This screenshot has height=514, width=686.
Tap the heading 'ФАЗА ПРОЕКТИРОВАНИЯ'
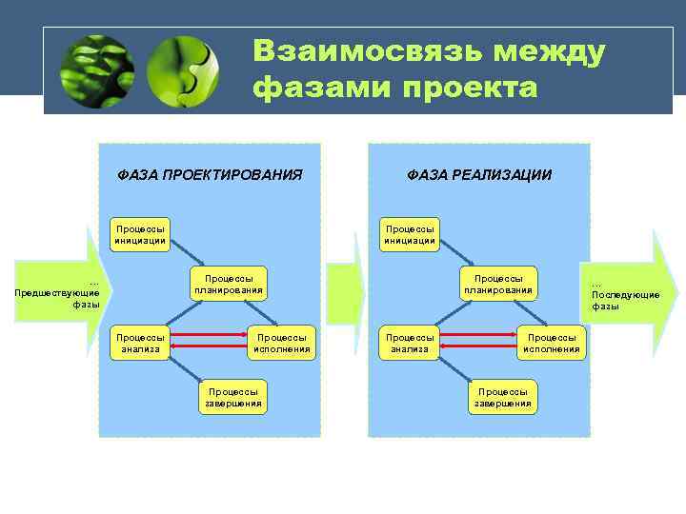pos(210,175)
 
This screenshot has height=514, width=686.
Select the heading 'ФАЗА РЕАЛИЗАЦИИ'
pos(479,175)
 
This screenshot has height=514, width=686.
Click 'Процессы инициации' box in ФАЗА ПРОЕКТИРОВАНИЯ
pos(140,234)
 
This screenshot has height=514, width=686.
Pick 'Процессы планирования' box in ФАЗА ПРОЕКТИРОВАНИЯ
pos(229,284)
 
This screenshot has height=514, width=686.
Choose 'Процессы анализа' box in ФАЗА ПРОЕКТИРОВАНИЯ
pos(140,343)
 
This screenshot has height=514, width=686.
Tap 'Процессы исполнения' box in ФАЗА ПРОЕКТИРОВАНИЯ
pos(282,343)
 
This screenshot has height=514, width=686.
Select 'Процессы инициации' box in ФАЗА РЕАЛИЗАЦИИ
pos(410,234)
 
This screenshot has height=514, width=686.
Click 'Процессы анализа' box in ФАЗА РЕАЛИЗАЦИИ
pos(410,343)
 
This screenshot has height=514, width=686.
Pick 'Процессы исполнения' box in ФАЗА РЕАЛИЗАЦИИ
pos(552,343)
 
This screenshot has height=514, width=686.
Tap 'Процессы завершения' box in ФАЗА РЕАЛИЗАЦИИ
pos(503,397)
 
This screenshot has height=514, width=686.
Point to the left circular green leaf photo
pos(96,71)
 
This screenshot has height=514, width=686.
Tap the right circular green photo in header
pos(183,71)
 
